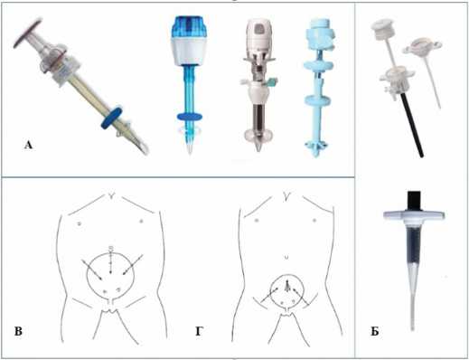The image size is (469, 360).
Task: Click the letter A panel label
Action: (28, 146)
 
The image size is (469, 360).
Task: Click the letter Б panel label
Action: (375, 332)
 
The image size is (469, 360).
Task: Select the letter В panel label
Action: (18, 331)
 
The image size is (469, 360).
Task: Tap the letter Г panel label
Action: (199, 331)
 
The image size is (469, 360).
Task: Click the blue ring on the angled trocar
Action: (112, 118)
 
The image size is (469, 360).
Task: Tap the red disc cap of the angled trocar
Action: (27, 33)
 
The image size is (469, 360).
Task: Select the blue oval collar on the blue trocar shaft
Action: (190, 117)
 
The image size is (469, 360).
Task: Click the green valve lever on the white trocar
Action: (272, 81)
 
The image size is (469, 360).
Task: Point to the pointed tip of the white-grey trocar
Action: (258, 148)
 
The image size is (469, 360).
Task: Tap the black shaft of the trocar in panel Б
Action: (411, 127)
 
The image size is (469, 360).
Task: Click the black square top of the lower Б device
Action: (415, 201)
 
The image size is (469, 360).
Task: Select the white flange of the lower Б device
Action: (414, 215)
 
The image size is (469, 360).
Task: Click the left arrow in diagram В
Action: (91, 270)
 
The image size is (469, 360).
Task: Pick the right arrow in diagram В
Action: (133, 265)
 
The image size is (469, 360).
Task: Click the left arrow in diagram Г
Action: (269, 295)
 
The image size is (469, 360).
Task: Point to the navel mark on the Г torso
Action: (286, 257)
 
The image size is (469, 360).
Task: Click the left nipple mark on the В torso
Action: (80, 223)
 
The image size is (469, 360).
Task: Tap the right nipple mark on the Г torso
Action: (314, 221)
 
